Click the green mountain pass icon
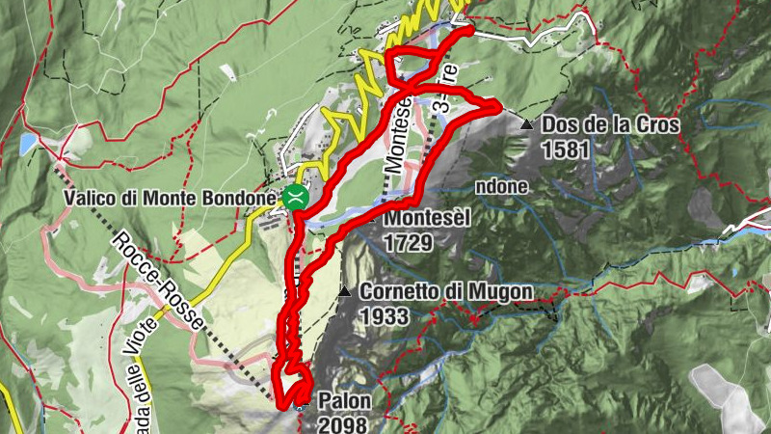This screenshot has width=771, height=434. (296, 198)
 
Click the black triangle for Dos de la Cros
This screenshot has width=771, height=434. (526, 124)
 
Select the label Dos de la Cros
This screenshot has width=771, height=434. (611, 124)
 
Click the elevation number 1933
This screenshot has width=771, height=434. (385, 314)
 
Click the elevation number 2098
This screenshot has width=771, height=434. (342, 422)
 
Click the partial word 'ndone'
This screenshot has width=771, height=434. (499, 186)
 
